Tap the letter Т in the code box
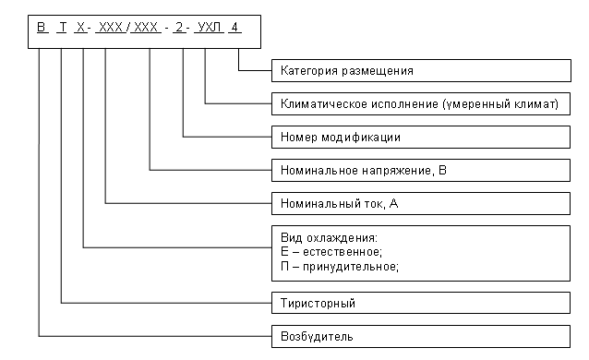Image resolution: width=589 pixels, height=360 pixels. [x=63, y=28]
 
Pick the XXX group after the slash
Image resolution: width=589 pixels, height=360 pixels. [x=148, y=28]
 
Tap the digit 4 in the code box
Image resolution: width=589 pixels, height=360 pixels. [x=237, y=28]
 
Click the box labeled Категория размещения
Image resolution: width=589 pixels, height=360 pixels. [x=418, y=70]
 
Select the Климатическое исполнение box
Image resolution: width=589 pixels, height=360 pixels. [x=418, y=103]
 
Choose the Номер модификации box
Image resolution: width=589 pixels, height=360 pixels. [x=418, y=137]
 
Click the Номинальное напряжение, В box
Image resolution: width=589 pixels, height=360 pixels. [x=418, y=170]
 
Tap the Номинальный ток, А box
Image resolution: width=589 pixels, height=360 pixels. [x=418, y=203]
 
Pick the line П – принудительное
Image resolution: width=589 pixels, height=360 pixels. [x=336, y=266]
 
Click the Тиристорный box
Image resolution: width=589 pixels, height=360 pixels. [x=418, y=302]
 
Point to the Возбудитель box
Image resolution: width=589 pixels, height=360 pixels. [x=418, y=335]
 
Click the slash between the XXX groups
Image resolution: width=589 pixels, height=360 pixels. [x=128, y=28]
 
